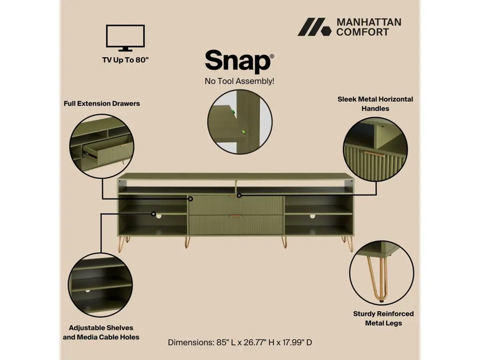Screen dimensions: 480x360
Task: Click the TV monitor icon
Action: [x=125, y=37]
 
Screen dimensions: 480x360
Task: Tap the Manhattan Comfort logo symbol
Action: [x=315, y=27]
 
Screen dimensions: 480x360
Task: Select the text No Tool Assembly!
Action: [x=240, y=81]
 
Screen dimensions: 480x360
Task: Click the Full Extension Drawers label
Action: [x=102, y=104]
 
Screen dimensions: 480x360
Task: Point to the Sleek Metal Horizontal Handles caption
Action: [x=375, y=104]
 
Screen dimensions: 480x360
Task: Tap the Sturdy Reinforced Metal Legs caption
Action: [x=383, y=318]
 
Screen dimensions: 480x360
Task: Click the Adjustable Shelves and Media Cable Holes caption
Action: [x=101, y=332]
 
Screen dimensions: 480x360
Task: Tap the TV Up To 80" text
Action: [x=125, y=60]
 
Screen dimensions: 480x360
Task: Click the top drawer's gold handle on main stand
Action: [x=235, y=196]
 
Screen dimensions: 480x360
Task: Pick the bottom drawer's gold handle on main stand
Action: [x=236, y=216]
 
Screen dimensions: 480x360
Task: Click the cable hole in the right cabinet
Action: [x=312, y=216]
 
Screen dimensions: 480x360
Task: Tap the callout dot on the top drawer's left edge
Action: [x=190, y=199]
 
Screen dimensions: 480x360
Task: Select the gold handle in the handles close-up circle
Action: [x=375, y=154]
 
